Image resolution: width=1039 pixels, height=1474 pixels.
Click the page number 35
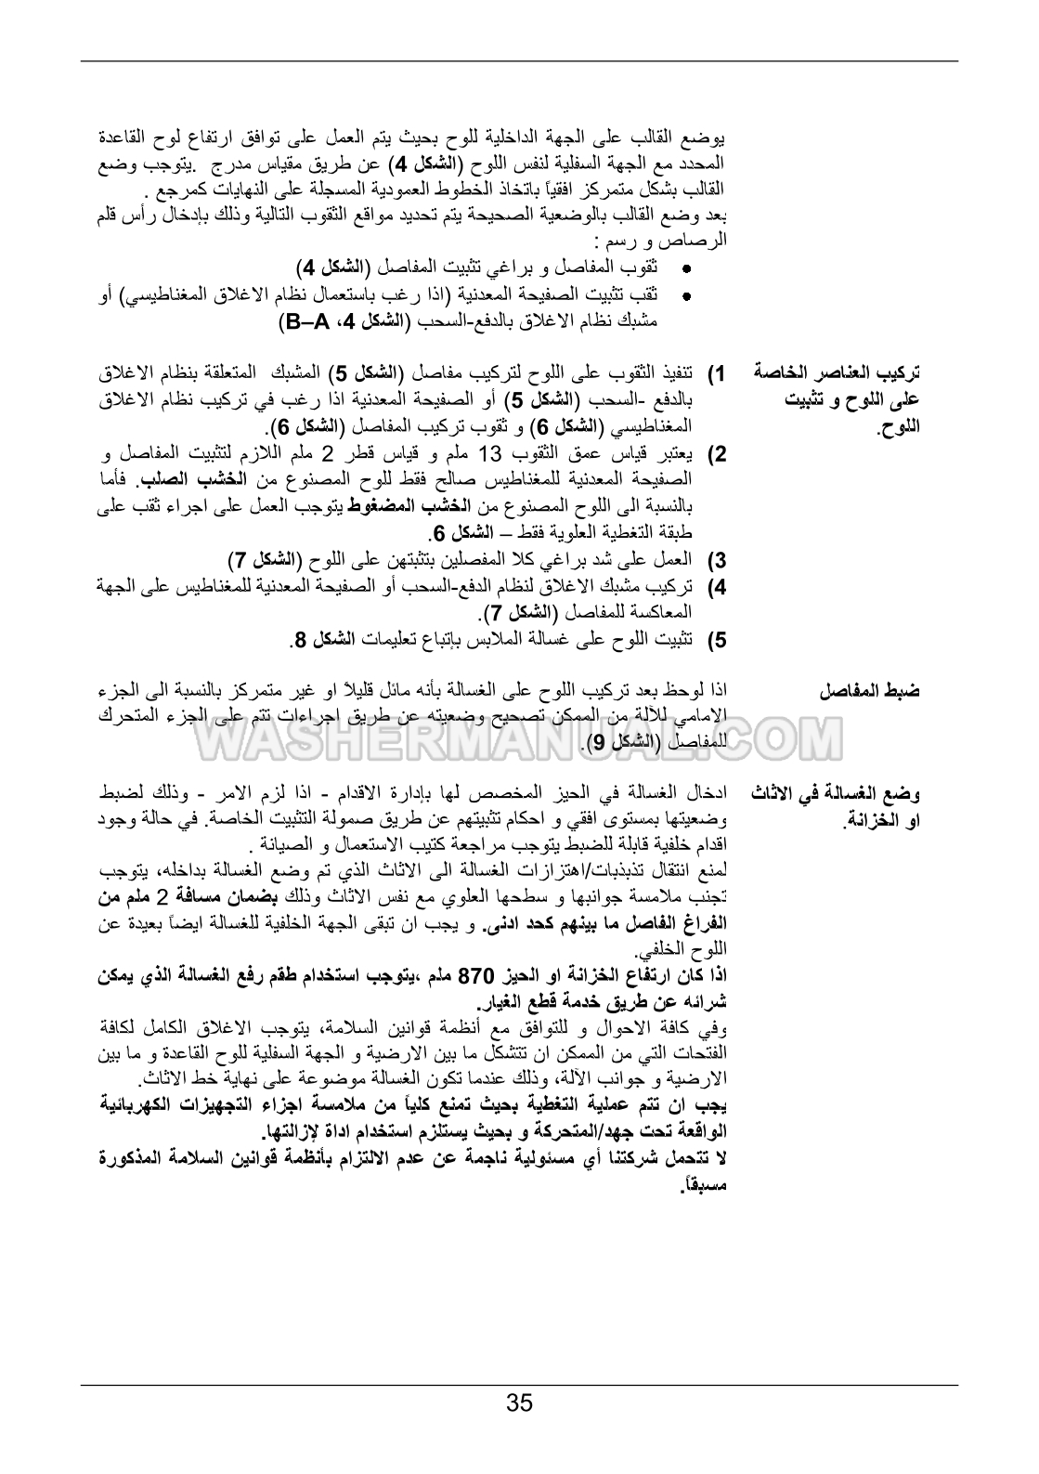coord(520,1402)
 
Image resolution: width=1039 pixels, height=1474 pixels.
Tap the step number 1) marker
coord(716,374)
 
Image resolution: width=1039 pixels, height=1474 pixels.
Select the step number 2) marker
coord(716,455)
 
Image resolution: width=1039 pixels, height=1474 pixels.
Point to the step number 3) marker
coord(716,560)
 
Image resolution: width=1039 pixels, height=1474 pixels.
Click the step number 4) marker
coord(716,587)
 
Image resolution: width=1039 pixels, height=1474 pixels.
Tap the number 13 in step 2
coord(490,454)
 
